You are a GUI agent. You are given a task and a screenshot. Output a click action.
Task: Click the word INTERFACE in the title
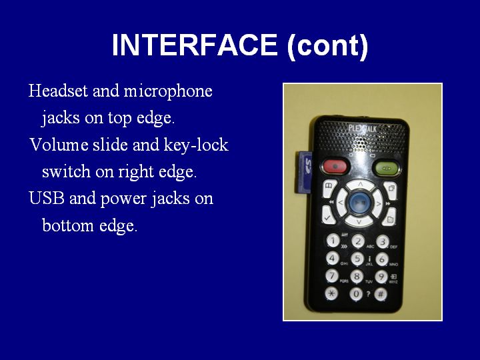195,45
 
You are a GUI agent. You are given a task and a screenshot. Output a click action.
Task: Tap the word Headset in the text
58,91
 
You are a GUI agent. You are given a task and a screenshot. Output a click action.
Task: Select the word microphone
168,91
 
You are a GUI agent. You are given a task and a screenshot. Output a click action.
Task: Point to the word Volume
59,145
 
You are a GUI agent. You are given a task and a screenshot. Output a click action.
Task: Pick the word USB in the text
47,198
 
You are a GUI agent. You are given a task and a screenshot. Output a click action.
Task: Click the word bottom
67,225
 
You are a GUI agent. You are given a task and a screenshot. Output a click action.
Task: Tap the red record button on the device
335,167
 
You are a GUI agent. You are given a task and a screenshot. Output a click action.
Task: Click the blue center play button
359,203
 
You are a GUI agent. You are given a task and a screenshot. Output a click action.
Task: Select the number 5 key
357,259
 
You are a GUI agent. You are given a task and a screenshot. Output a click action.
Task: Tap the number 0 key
356,294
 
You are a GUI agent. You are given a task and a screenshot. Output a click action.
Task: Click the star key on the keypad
331,293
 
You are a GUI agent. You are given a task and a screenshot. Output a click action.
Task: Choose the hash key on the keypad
381,294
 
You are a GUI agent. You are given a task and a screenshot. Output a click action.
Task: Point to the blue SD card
304,173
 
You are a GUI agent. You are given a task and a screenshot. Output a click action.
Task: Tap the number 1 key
333,240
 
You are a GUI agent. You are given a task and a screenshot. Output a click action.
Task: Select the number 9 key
381,277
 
